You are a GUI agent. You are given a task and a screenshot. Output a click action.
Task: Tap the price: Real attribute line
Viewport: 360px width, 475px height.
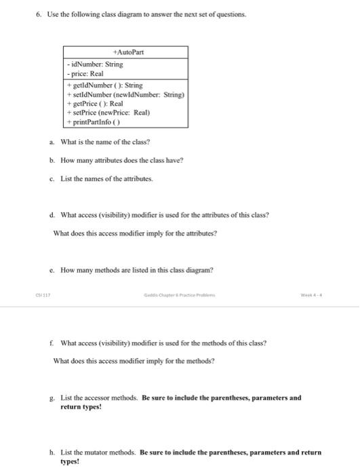[85, 74]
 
